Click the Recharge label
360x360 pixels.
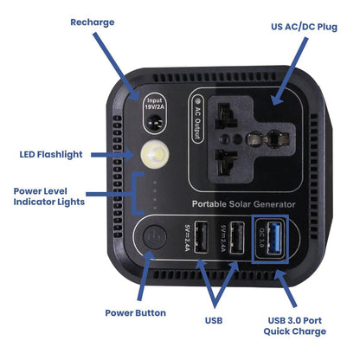point(92,22)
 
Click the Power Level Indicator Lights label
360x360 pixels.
point(49,196)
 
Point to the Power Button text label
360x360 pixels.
point(135,312)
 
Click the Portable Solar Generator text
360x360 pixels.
point(243,203)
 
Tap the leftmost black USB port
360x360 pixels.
point(202,237)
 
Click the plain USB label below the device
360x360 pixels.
point(214,320)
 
